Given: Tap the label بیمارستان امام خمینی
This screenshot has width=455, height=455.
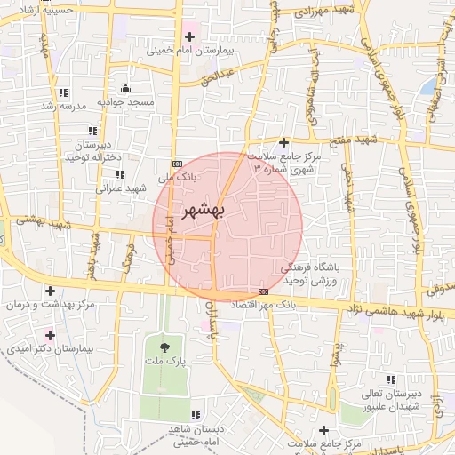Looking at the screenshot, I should coord(190,52).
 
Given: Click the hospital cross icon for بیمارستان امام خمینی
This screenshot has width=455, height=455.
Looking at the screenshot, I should coord(189,36).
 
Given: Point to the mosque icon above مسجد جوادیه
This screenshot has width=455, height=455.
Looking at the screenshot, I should coord(125,88).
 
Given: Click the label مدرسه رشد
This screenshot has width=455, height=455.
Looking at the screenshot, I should coord(61,106).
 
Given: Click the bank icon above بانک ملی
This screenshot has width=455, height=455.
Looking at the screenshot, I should coord(177,164).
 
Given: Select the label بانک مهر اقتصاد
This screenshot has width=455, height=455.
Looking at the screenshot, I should coord(262,305).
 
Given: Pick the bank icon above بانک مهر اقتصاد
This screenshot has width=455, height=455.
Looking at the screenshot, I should coord(263,291).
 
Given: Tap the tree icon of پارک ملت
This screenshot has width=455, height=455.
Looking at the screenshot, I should coord(163,347).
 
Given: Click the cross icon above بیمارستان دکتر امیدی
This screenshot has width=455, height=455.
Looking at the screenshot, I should coord(49,335).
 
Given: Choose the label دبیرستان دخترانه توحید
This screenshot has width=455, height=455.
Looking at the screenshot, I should coord(92,149).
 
